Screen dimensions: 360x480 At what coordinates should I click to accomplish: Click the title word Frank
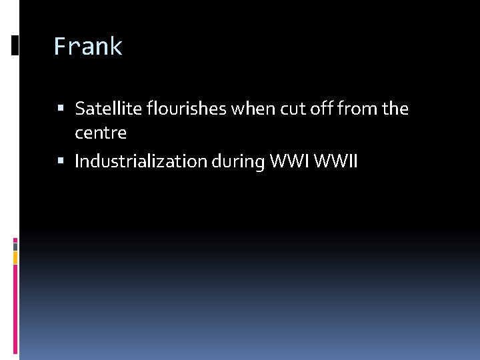[88, 47]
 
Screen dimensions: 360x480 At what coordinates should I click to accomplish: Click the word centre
[101, 133]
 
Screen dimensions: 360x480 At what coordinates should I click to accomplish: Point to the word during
[237, 161]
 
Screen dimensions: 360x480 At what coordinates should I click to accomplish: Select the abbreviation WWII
[337, 161]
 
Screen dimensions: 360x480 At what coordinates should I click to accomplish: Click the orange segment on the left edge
[15, 257]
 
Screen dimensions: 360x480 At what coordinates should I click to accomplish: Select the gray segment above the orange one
[15, 245]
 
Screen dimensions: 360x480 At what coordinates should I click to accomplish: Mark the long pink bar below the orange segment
[15, 307]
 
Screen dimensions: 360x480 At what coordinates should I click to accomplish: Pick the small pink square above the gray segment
[15, 239]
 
